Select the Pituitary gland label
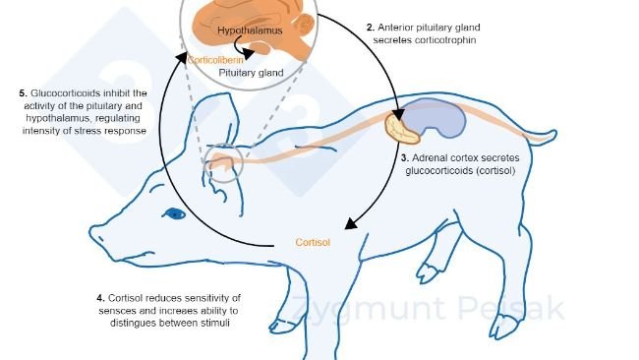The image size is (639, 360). click(x=252, y=73)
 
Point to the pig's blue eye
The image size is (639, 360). click(x=175, y=212)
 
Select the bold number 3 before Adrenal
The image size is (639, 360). click(x=404, y=157)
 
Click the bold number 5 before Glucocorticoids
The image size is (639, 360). click(x=22, y=92)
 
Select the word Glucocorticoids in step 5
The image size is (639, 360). click(x=62, y=92)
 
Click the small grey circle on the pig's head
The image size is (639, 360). click(x=221, y=165)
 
